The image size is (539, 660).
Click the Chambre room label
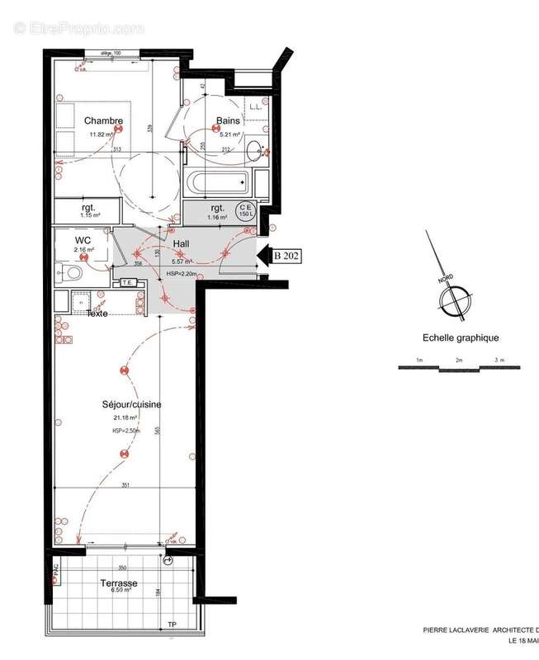click(x=103, y=120)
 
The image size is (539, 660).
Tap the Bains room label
click(x=228, y=120)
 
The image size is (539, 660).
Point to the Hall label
click(x=182, y=245)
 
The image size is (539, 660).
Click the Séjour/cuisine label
click(x=131, y=404)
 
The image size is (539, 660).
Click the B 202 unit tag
click(x=286, y=256)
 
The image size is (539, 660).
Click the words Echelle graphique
click(x=461, y=337)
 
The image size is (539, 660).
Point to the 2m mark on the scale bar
click(x=458, y=361)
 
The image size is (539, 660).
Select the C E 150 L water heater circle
click(x=246, y=211)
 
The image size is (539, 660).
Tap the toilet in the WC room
click(x=71, y=272)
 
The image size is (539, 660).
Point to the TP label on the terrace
click(x=172, y=625)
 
